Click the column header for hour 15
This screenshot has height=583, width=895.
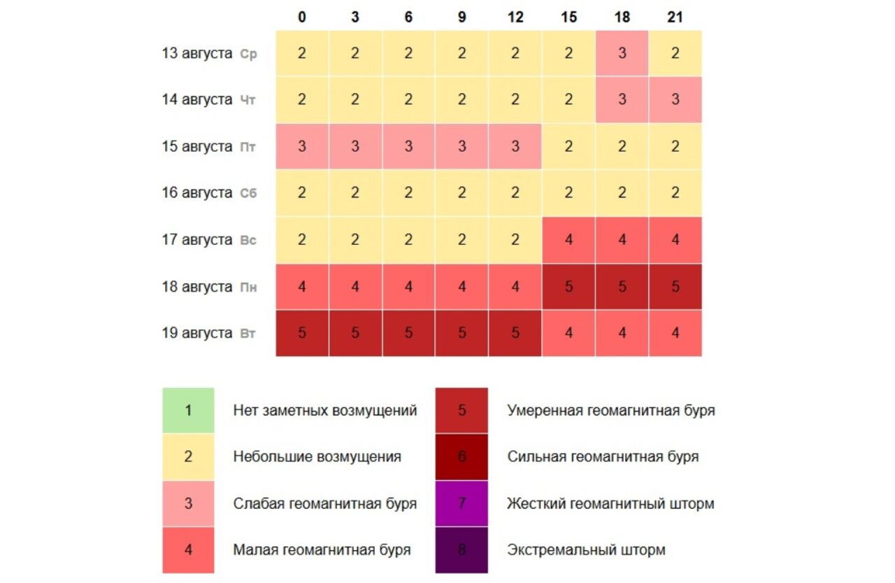568,17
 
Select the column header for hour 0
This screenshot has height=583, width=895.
301,17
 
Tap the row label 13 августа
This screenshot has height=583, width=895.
196,54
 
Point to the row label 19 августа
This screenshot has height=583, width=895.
196,334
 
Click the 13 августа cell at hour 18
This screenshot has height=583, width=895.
622,54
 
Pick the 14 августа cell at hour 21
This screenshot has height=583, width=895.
675,100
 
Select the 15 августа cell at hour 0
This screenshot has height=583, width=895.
301,147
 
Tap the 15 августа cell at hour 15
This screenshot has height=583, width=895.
568,147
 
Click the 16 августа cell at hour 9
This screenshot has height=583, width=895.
461,193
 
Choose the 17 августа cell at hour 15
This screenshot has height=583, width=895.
568,240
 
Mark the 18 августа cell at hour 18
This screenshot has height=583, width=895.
622,287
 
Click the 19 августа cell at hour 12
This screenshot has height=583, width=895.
515,334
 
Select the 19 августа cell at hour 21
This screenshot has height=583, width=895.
675,334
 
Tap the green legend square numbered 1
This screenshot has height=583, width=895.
188,411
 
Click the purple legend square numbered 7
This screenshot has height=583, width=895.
461,504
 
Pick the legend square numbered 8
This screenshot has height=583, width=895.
461,550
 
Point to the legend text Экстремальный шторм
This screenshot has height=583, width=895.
586,550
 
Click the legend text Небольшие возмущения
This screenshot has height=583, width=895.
317,457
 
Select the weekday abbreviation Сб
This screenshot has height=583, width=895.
248,194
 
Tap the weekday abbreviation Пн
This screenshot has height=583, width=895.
248,288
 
